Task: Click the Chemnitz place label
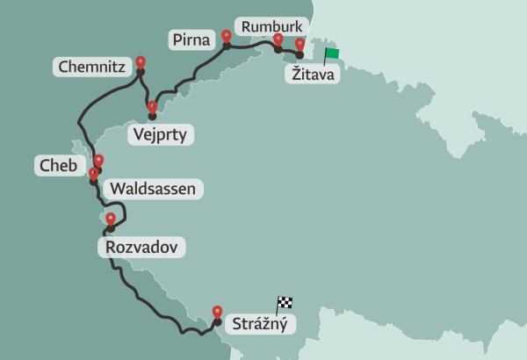point(91,67)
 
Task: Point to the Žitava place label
point(312,75)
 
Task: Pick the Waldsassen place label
point(154,188)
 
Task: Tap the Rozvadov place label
point(141,248)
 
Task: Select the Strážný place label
point(260,324)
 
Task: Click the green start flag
point(331,54)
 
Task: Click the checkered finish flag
point(284,303)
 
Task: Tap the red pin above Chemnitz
point(141,63)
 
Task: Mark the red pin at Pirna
point(227,36)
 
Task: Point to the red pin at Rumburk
point(278,39)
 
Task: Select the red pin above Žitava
point(300,44)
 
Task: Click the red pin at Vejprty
point(152,108)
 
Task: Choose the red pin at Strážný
point(218,311)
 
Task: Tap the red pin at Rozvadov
point(110,219)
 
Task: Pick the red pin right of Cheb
point(98,161)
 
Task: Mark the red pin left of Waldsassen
point(93,173)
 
